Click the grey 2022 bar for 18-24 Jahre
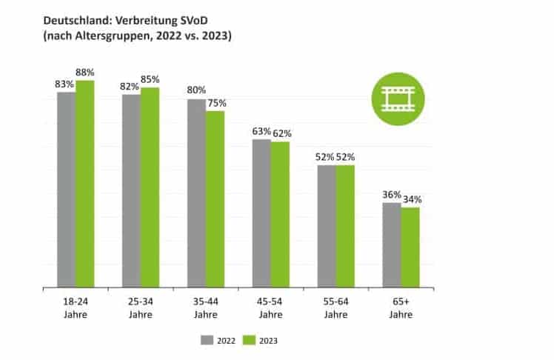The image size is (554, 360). [66, 190]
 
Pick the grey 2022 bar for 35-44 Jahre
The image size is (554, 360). [196, 193]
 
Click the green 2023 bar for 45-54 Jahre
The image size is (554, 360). [279, 214]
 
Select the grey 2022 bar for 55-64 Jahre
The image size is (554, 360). [327, 226]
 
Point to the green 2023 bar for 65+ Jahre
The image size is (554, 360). [410, 247]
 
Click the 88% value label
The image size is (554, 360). [85, 73]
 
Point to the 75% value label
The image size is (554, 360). [216, 104]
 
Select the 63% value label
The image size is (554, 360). [261, 132]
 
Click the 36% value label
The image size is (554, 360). [392, 195]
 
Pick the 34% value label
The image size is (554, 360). [412, 199]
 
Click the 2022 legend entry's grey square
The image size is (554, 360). [206, 341]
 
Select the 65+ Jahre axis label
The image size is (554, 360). [401, 309]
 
